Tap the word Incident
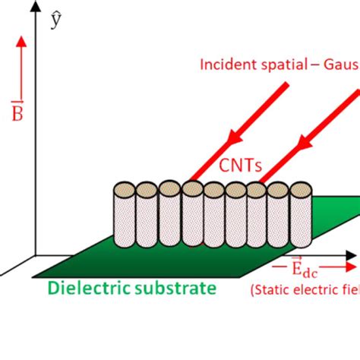point(226,64)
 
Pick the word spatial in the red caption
point(278,64)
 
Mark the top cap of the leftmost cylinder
point(124,188)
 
